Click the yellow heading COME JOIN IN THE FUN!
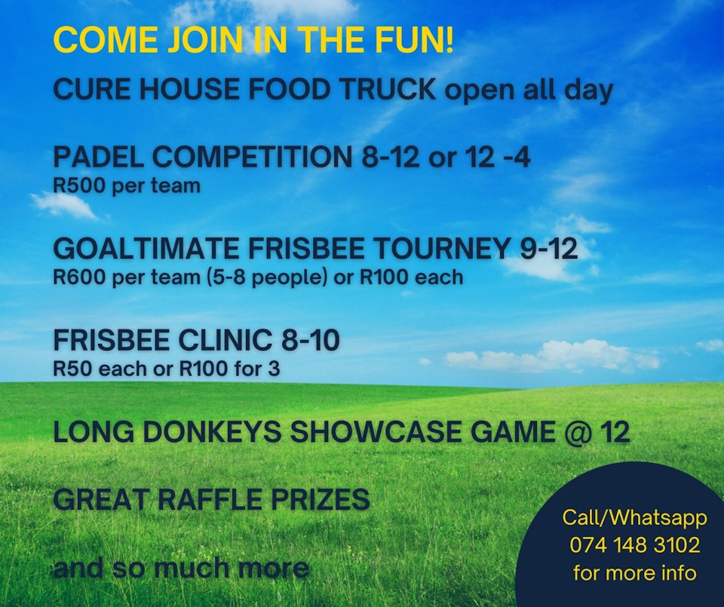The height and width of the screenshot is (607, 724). (253, 40)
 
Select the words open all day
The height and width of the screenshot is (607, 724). (528, 90)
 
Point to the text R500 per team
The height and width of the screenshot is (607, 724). (126, 185)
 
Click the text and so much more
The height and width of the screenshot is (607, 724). (181, 567)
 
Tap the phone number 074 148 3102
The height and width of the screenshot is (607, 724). (634, 545)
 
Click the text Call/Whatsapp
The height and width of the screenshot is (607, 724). (634, 518)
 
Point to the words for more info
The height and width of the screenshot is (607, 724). (634, 572)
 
